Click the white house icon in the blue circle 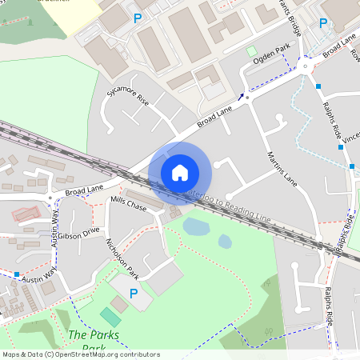pos(180,172)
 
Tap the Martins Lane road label pos(281,169)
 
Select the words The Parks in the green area pos(88,334)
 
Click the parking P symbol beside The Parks pos(134,294)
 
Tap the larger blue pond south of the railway pos(196,226)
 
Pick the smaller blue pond pos(226,241)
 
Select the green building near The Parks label pos(111,317)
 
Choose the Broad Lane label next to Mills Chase pos(85,190)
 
